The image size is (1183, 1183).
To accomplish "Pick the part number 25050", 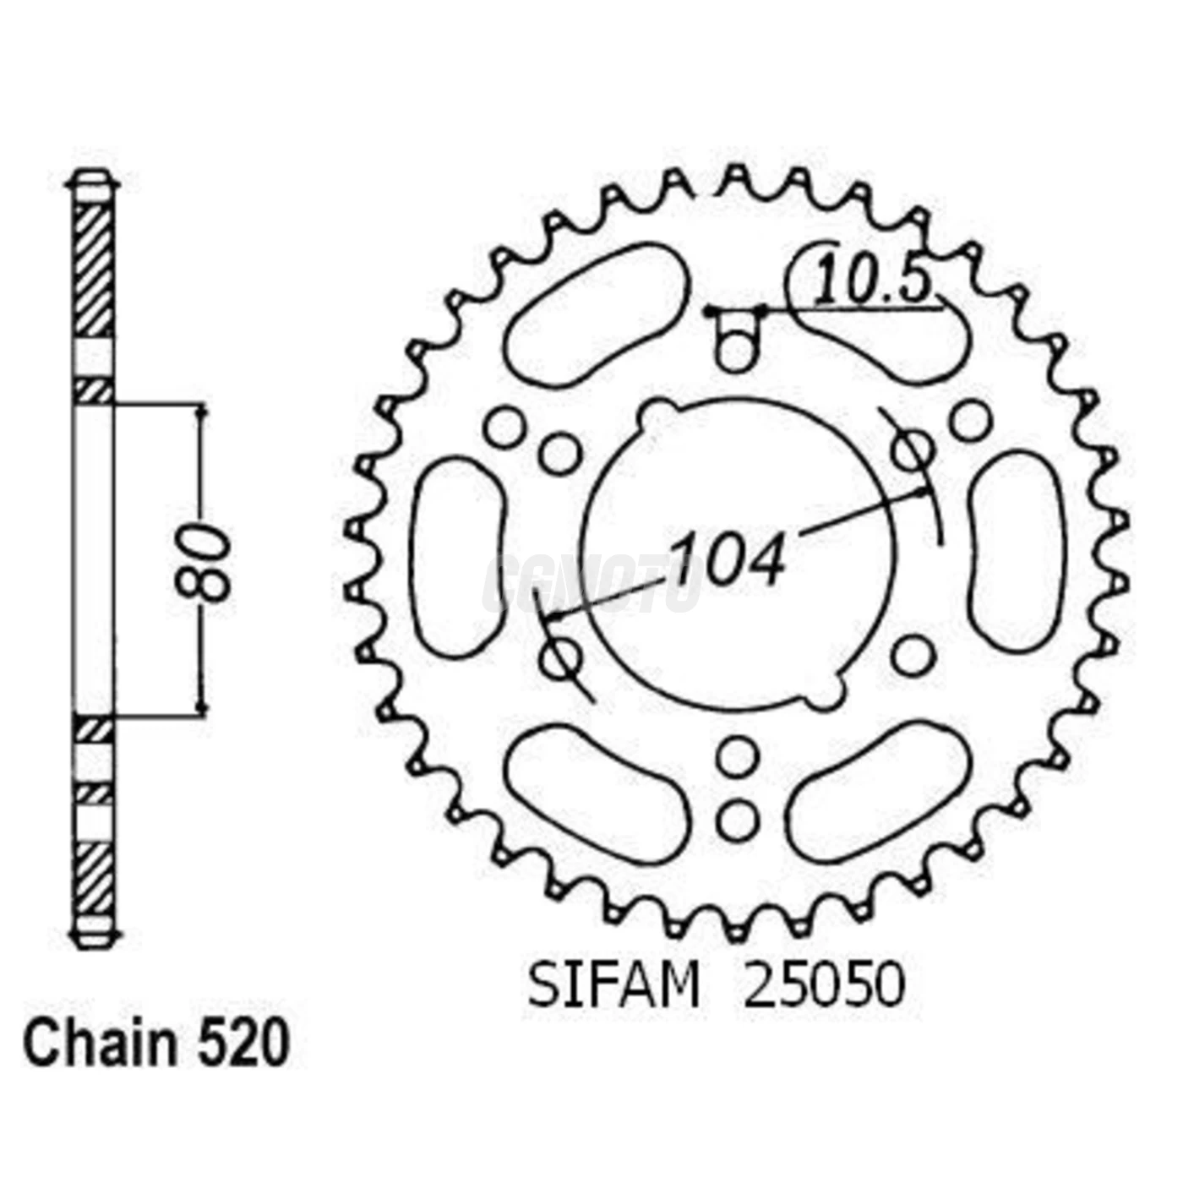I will [823, 985].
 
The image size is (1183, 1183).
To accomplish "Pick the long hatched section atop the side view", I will [93, 270].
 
